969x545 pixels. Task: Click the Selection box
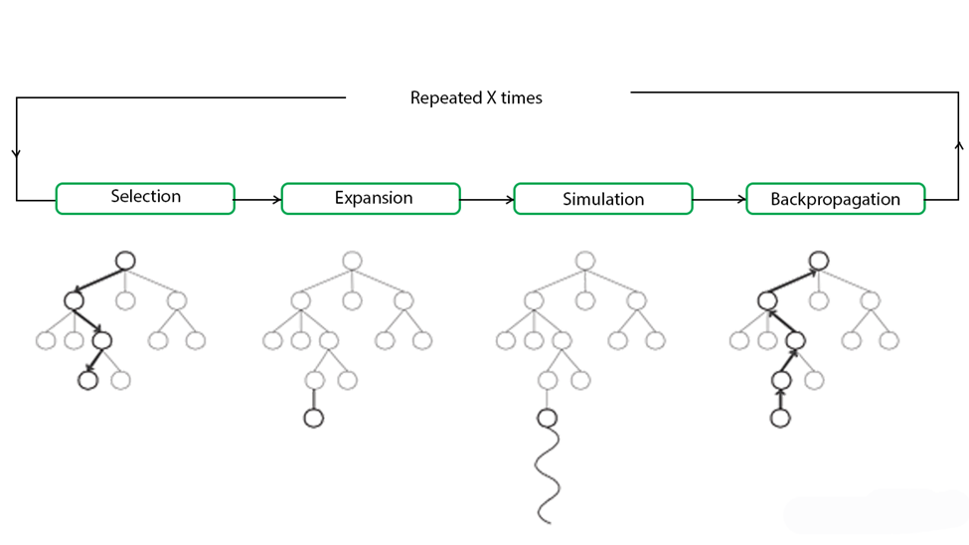pyautogui.click(x=145, y=198)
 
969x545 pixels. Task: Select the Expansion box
pyautogui.click(x=371, y=199)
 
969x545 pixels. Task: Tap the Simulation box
pyautogui.click(x=602, y=199)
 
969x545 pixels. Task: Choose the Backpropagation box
pyautogui.click(x=835, y=199)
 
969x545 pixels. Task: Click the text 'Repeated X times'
pyautogui.click(x=476, y=98)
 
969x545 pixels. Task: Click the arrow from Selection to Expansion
pyautogui.click(x=258, y=200)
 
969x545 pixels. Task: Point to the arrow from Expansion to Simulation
pyautogui.click(x=487, y=200)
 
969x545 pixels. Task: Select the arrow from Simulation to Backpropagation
pyautogui.click(x=720, y=200)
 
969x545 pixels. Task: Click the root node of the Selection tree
pyautogui.click(x=124, y=261)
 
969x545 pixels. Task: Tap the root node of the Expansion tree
pyautogui.click(x=352, y=261)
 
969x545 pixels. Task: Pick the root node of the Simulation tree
pyautogui.click(x=585, y=261)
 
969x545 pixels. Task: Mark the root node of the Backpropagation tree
pyautogui.click(x=818, y=261)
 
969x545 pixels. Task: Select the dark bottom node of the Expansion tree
pyautogui.click(x=313, y=418)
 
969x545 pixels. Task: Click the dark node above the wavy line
pyautogui.click(x=547, y=418)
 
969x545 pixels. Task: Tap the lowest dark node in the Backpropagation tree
pyautogui.click(x=780, y=419)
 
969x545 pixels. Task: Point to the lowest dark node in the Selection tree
pyautogui.click(x=87, y=380)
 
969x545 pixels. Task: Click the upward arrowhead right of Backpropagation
pyautogui.click(x=959, y=145)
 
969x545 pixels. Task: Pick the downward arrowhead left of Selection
pyautogui.click(x=17, y=154)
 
